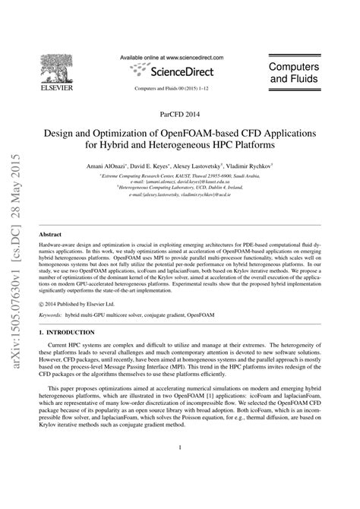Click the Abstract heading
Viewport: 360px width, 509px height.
[x=49, y=236]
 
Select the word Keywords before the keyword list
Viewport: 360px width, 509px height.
[x=51, y=312]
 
